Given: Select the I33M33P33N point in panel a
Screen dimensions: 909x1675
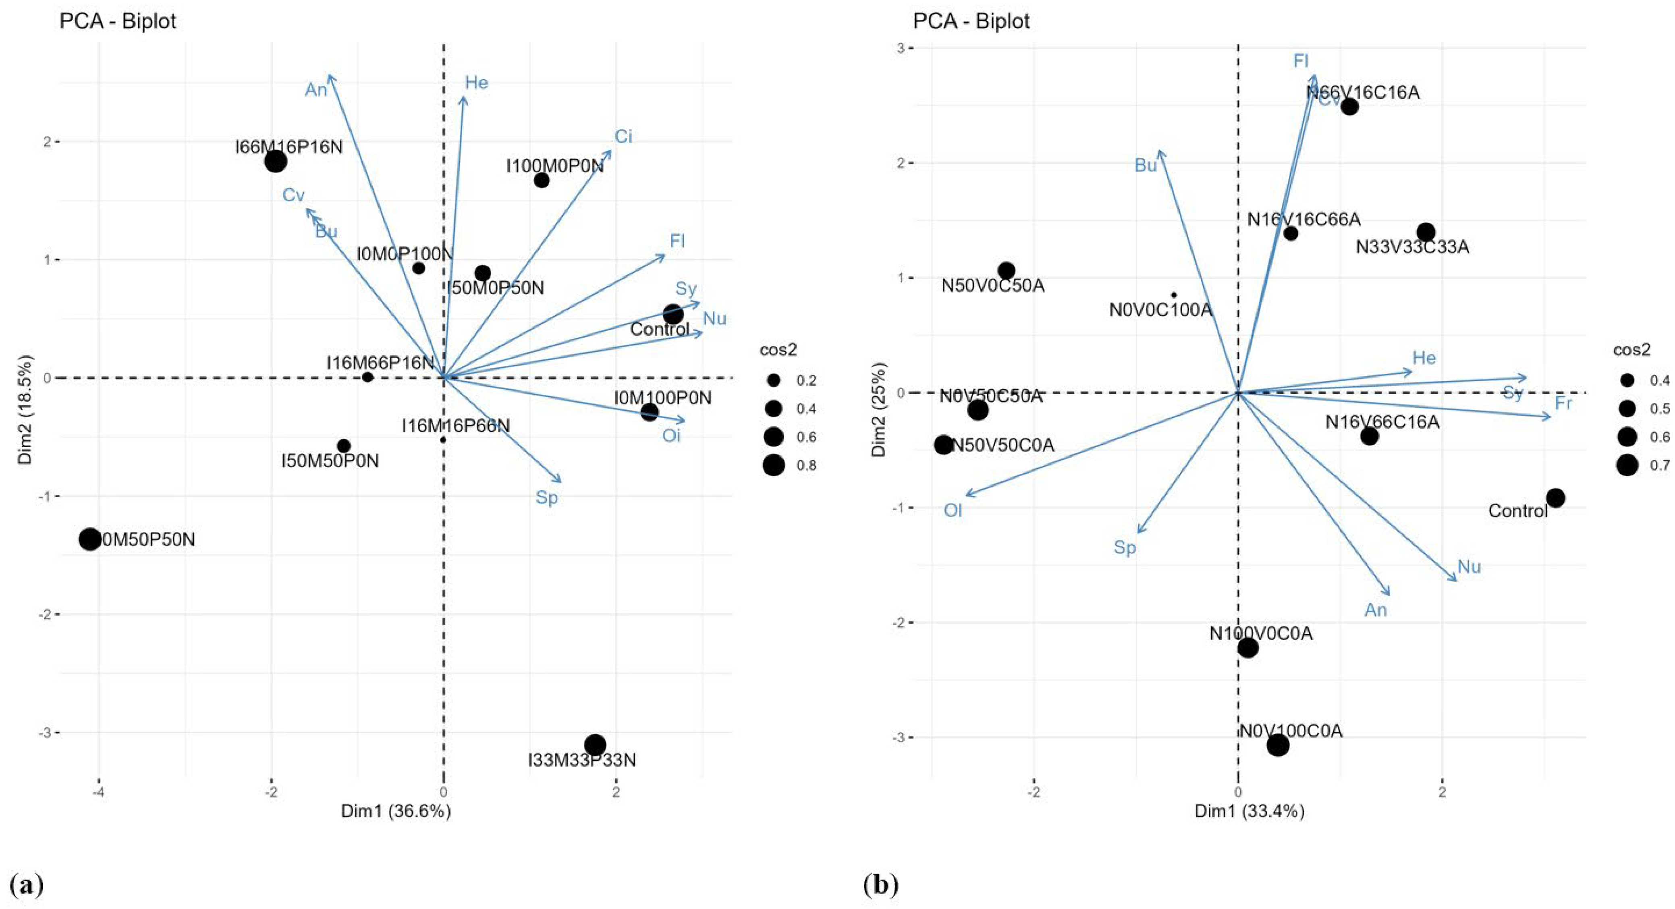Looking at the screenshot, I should tap(595, 745).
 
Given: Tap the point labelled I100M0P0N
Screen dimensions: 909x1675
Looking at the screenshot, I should tap(542, 180).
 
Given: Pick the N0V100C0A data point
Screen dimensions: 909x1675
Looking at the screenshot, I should tap(1278, 745).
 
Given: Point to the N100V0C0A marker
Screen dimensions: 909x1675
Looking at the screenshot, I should tap(1247, 648).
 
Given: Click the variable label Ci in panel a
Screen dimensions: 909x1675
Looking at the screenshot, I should tap(623, 137).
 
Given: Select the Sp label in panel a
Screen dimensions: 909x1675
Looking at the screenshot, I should tap(547, 498).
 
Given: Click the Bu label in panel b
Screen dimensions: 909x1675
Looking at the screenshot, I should tap(1145, 166).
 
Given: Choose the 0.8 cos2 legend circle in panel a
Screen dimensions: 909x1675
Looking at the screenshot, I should tap(774, 465).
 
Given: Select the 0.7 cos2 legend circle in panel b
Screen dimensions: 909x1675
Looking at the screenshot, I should tap(1627, 465).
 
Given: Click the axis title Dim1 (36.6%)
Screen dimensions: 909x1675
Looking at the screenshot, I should tap(396, 811).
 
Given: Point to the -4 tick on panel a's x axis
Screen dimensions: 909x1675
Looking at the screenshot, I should tap(99, 793).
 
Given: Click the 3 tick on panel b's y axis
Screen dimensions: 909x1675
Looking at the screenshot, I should tap(900, 48).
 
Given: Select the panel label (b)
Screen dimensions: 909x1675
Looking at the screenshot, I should tap(881, 886).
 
